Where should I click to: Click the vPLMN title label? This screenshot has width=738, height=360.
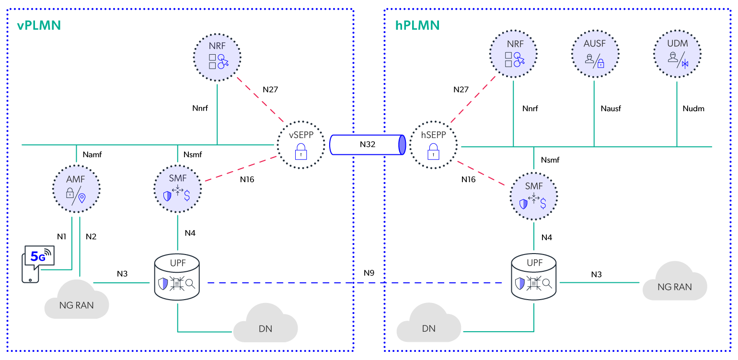[x=39, y=25]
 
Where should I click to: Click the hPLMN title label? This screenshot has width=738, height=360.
[x=417, y=25]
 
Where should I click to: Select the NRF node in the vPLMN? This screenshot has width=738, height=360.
[x=217, y=57]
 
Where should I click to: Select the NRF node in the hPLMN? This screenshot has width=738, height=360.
[x=513, y=54]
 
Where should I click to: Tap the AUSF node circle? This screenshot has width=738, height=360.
[x=595, y=54]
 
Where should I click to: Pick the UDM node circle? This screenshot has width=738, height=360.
[x=677, y=54]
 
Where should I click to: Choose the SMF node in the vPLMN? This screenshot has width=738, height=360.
[x=178, y=188]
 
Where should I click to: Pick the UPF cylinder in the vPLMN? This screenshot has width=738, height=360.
[x=177, y=278]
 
